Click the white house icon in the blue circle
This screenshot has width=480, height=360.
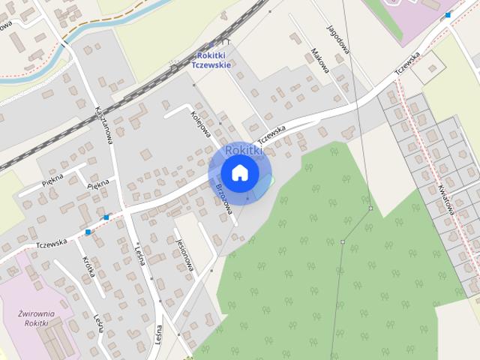point(239,172)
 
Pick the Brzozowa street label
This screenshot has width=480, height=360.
point(224,196)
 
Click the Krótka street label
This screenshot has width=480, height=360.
point(89,268)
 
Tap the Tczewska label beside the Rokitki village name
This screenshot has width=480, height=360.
point(272,133)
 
